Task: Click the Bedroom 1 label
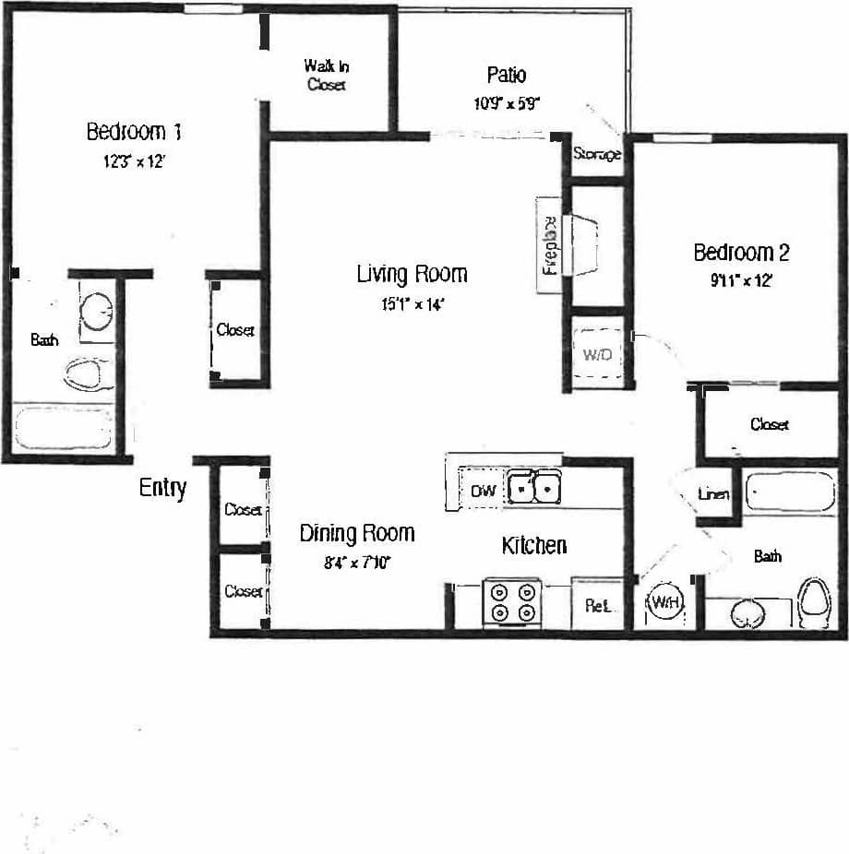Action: pyautogui.click(x=133, y=132)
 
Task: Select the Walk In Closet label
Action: pyautogui.click(x=325, y=75)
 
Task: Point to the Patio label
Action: pyautogui.click(x=507, y=74)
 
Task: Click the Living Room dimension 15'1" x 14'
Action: pyautogui.click(x=413, y=305)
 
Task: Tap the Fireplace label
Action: pyautogui.click(x=549, y=245)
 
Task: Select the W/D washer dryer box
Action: pyautogui.click(x=597, y=353)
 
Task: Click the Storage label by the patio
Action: pyautogui.click(x=596, y=154)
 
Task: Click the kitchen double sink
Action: pyautogui.click(x=536, y=487)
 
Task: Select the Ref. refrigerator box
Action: pyautogui.click(x=595, y=606)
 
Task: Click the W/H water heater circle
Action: pyautogui.click(x=665, y=603)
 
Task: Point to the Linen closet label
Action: pyautogui.click(x=713, y=494)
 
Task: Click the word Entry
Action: pyautogui.click(x=162, y=488)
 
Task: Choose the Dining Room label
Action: pyautogui.click(x=356, y=533)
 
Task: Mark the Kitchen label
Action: pyautogui.click(x=533, y=546)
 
